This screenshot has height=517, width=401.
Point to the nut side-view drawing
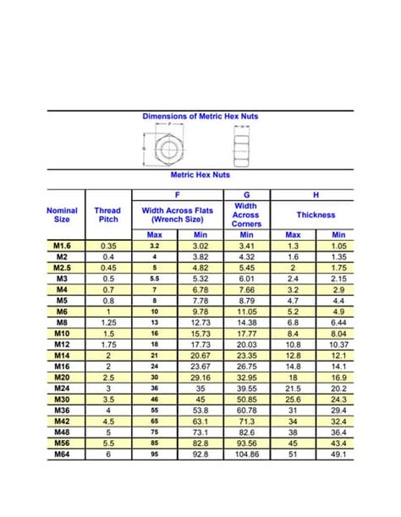[x=243, y=147]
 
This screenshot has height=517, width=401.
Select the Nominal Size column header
[x=62, y=215]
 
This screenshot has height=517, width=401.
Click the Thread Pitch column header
[x=107, y=215]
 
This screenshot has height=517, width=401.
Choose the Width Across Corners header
[x=246, y=215]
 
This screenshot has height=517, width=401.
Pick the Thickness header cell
[x=316, y=215]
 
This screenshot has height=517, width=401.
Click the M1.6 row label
[x=62, y=245]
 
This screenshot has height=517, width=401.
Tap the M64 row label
[x=62, y=454]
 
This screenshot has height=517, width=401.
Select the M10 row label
[x=62, y=333]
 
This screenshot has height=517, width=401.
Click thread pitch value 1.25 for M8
[x=107, y=322]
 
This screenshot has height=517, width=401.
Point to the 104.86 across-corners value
[x=246, y=454]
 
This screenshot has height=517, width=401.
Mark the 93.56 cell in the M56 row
[x=246, y=443]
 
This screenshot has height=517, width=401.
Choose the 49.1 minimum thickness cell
[x=339, y=454]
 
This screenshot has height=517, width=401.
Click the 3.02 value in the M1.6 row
[x=200, y=245]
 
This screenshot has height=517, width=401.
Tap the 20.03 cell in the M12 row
[x=246, y=344]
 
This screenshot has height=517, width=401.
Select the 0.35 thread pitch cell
[x=107, y=245]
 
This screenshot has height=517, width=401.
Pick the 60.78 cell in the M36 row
[x=246, y=410]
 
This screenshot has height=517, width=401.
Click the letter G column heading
[x=246, y=194]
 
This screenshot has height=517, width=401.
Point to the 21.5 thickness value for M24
[x=293, y=388]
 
